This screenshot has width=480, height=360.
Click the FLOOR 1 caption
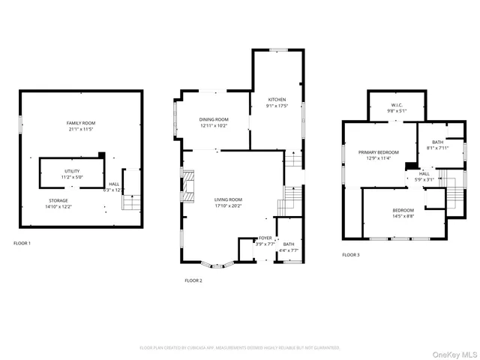22,243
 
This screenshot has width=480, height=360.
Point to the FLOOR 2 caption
193,280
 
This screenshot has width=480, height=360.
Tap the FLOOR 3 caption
351,255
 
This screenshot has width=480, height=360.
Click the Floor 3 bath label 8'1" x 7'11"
437,145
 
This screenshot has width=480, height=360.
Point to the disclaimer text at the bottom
240,348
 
